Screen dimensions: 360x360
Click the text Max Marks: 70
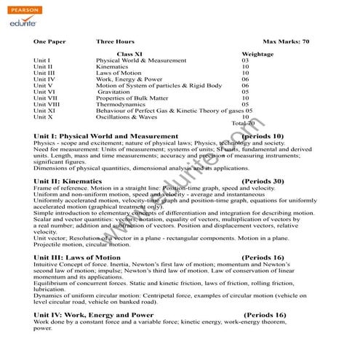point(286,41)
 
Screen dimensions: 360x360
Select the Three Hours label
point(115,41)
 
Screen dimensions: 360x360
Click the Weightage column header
point(257,54)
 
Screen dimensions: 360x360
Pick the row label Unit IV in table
point(44,79)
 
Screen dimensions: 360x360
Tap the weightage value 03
point(245,60)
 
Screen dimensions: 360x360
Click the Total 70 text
point(243,123)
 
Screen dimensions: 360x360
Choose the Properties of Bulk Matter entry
point(132,98)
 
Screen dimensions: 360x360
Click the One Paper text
point(49,41)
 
